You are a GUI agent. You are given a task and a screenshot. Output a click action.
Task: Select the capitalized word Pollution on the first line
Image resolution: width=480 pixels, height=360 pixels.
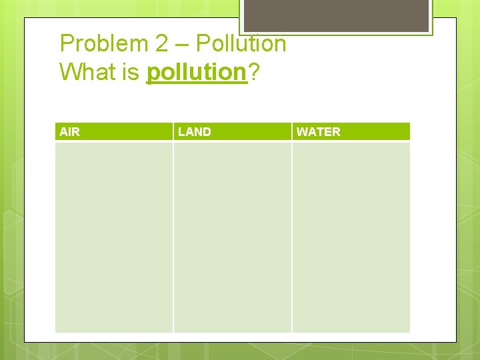[241, 44]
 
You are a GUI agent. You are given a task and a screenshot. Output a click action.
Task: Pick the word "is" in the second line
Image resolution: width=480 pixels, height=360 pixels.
[131, 71]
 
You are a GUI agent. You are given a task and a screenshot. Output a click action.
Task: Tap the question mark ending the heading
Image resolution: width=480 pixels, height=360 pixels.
[253, 71]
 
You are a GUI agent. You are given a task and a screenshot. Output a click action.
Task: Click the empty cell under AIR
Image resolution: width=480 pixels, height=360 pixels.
[113, 237]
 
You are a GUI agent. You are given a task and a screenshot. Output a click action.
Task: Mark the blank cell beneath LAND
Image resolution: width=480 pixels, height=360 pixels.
[232, 237]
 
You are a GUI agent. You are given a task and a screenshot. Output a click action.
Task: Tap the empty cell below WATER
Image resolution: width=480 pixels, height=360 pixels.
[351, 237]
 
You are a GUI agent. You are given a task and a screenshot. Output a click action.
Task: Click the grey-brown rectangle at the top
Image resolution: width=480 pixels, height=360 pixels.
[335, 15]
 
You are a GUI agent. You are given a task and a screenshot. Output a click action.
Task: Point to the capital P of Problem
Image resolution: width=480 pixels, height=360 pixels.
[67, 44]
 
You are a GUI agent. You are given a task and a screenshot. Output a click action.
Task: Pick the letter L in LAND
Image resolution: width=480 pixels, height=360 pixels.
[181, 132]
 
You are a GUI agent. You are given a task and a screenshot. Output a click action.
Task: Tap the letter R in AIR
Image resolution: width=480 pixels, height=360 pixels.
[75, 132]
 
